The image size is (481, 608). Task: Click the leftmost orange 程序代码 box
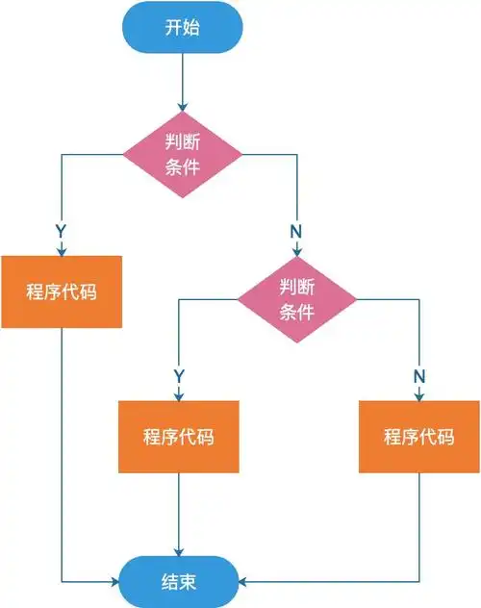point(62,291)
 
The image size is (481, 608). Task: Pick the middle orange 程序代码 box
point(178,437)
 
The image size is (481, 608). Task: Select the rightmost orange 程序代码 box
point(418,437)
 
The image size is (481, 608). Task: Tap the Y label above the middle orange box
point(179,373)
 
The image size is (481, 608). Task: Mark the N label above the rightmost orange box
point(419,373)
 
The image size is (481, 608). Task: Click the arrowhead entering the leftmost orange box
point(62,250)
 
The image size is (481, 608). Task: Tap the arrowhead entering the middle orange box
point(179,394)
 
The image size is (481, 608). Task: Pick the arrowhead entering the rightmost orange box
point(419,394)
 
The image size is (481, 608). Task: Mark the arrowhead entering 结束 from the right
point(243,582)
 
